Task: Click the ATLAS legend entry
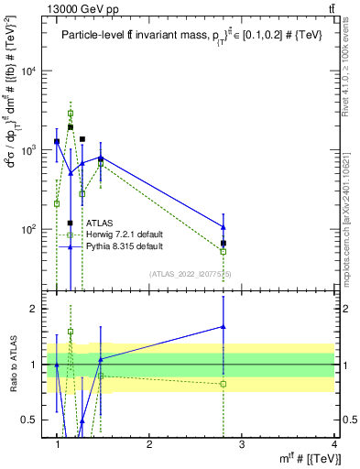coord(100,223)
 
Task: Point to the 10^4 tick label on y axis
coord(30,71)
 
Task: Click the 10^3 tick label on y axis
coord(30,150)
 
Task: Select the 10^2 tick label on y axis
coord(30,229)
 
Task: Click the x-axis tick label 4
coord(334,444)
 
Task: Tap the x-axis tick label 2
coord(149,444)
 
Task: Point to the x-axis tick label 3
coord(242,444)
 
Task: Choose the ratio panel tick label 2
coord(35,309)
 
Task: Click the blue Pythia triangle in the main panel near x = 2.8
coord(224,226)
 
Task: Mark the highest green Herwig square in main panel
coord(71,114)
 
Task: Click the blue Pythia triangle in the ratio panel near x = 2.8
coord(224,326)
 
